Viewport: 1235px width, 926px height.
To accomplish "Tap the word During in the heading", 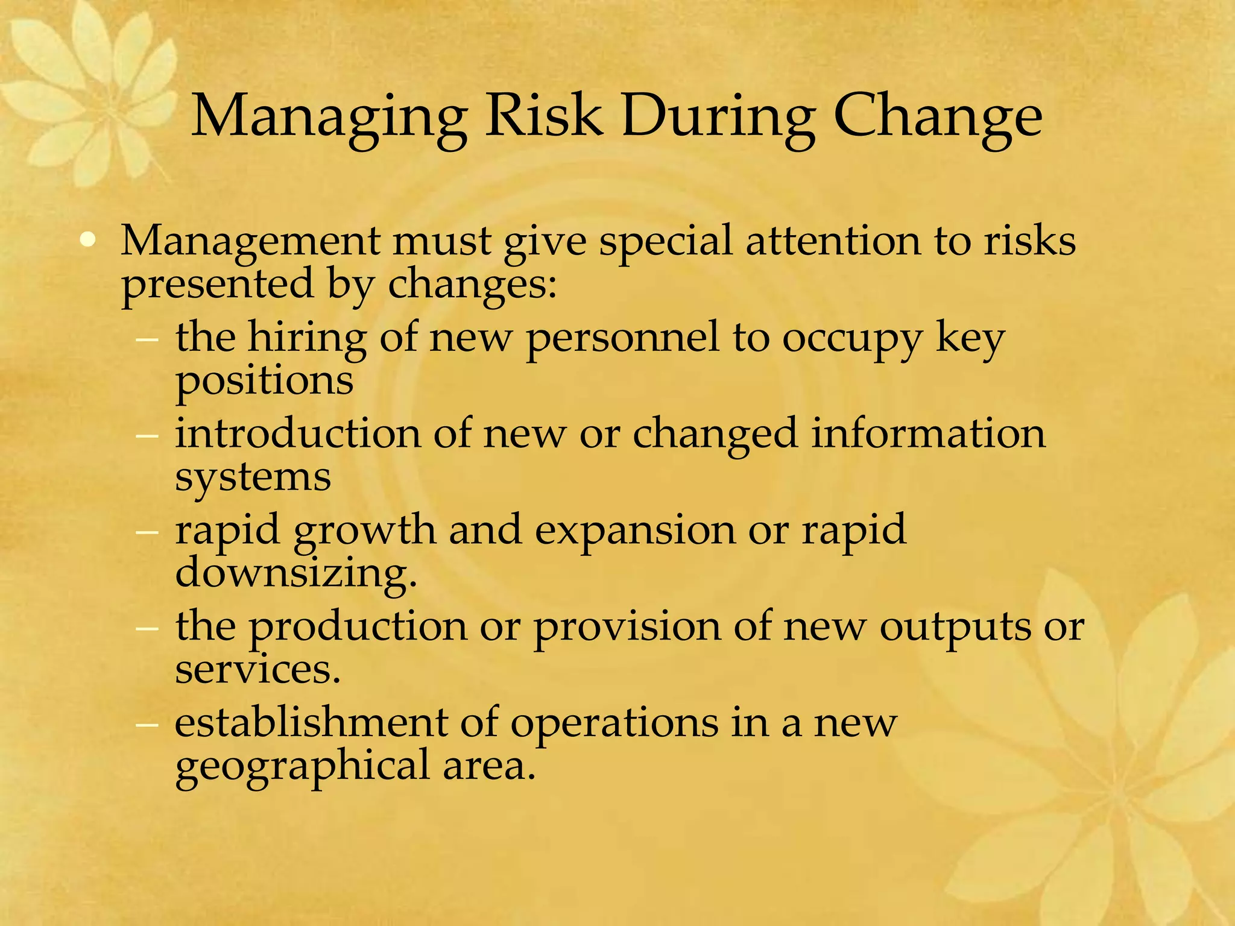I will click(718, 116).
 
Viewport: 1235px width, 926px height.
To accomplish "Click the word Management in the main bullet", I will click(250, 241).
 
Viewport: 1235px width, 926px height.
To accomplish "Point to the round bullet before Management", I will click(88, 242).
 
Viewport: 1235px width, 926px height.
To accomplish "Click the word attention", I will click(833, 241).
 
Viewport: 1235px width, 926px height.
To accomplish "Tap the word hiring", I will click(308, 338).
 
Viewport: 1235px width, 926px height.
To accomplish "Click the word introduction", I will click(298, 433).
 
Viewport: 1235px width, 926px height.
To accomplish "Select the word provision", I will click(627, 627).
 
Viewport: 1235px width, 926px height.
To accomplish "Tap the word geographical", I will click(302, 767).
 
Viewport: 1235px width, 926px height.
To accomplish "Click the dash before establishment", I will click(147, 723).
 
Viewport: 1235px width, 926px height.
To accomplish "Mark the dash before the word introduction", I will click(147, 435).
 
